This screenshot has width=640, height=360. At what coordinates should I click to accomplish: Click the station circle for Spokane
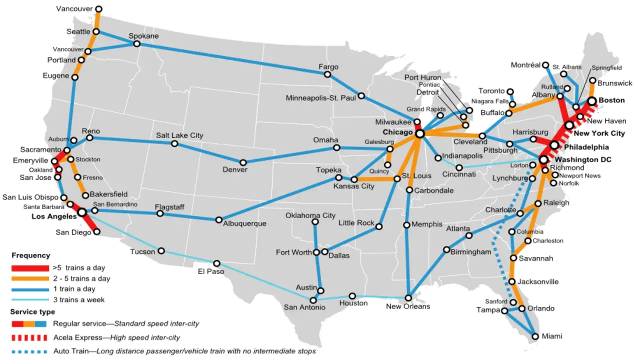[x=136, y=44]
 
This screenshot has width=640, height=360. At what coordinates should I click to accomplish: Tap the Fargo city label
[x=328, y=66]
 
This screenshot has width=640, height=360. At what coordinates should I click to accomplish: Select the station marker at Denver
[x=243, y=162]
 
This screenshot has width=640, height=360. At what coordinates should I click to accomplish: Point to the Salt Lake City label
[x=179, y=135]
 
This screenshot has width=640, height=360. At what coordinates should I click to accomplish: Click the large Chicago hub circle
[x=420, y=134]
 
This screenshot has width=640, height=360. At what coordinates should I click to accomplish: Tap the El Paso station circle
[x=216, y=263]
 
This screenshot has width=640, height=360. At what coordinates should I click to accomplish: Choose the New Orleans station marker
[x=408, y=298]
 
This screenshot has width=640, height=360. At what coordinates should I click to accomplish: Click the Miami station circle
[x=535, y=336]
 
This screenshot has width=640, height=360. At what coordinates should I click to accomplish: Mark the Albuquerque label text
[x=244, y=223]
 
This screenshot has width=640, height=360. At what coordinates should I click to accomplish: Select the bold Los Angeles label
[x=54, y=216]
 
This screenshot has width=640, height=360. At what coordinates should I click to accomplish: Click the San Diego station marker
[x=97, y=231]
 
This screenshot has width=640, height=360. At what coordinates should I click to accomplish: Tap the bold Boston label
[x=611, y=100]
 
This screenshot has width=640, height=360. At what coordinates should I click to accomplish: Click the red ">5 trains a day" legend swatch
[x=30, y=268]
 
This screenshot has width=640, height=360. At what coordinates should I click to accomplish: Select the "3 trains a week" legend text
[x=78, y=299]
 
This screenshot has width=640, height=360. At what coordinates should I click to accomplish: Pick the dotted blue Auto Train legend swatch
[x=30, y=351]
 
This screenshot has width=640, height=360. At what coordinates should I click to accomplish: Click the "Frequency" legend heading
[x=30, y=255]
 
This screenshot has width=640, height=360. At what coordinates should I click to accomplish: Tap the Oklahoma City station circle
[x=315, y=221]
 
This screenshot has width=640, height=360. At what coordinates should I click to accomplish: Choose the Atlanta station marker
[x=468, y=235]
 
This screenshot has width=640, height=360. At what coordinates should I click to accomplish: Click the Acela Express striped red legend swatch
[x=30, y=337]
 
